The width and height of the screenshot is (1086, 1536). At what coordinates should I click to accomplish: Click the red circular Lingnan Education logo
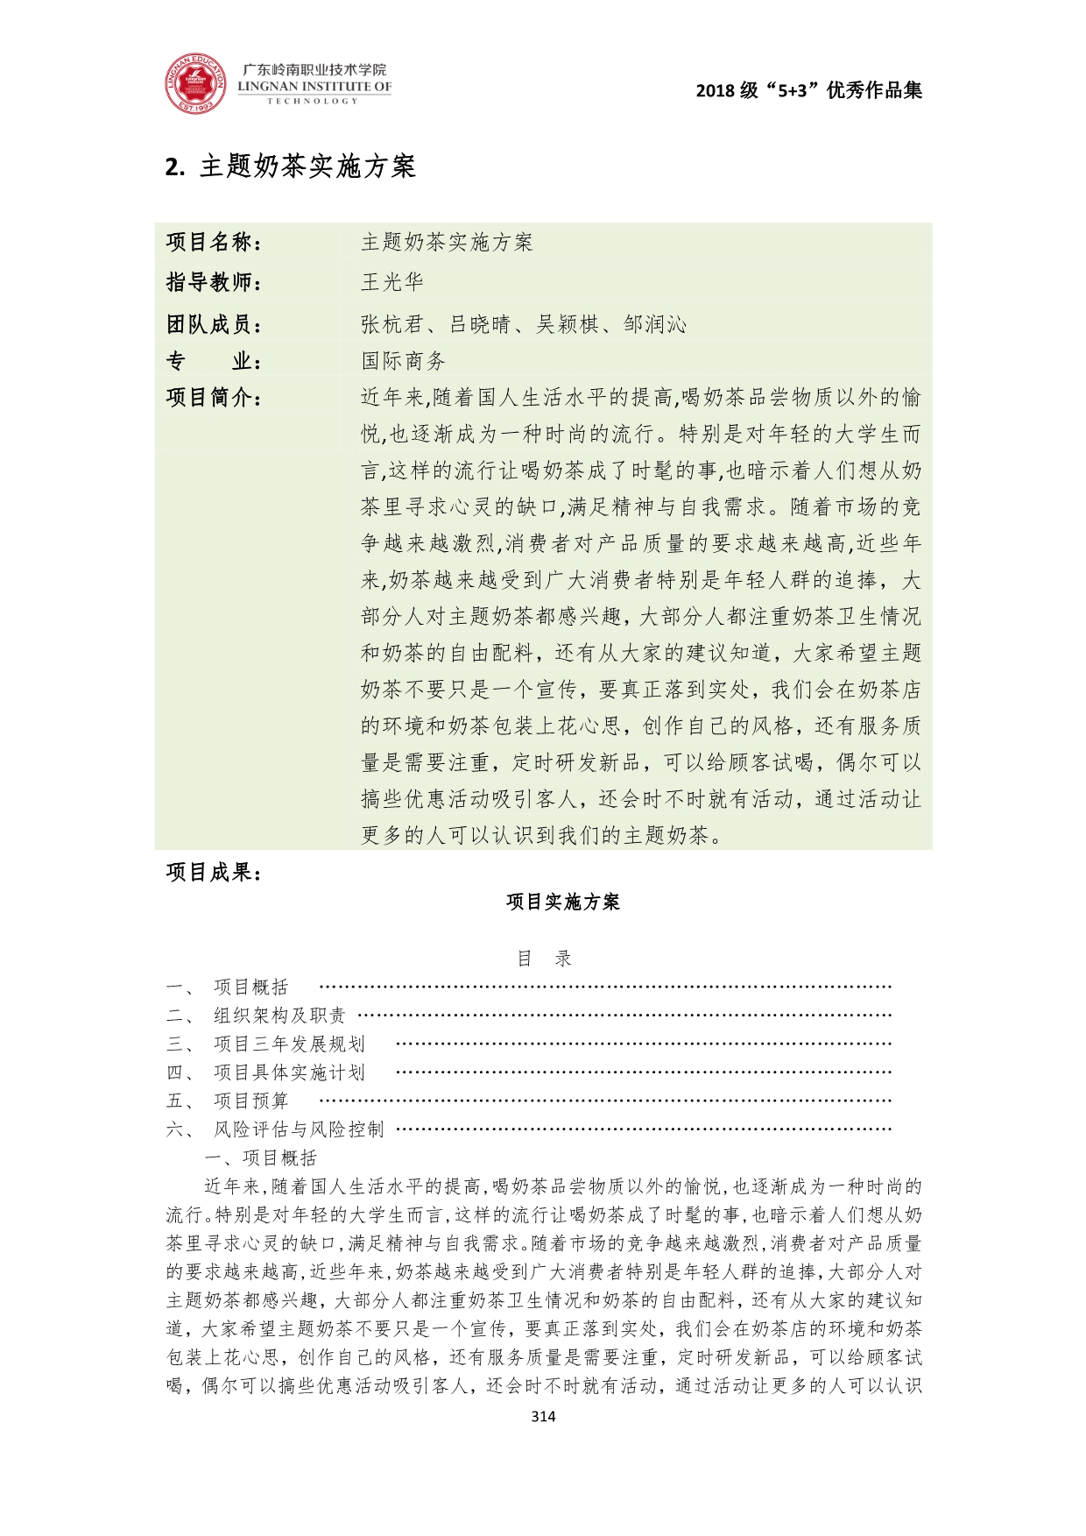[x=195, y=84]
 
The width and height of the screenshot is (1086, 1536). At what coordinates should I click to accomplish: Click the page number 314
[x=543, y=1416]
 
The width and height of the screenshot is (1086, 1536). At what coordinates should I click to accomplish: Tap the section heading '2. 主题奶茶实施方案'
[x=290, y=166]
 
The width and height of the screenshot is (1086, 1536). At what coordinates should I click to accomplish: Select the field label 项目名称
[x=214, y=243]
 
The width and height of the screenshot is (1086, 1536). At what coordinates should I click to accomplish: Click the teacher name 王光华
[x=392, y=282]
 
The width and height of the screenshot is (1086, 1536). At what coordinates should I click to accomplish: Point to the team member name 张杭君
[x=392, y=325]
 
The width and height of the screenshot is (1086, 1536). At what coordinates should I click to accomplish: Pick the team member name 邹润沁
[x=655, y=325]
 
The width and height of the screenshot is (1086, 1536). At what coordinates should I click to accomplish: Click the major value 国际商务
[x=404, y=361]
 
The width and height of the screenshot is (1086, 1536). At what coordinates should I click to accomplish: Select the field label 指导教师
[x=214, y=282]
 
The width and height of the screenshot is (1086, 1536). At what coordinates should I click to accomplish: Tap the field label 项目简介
[x=214, y=398]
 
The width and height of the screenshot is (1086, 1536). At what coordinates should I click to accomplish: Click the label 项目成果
[x=214, y=872]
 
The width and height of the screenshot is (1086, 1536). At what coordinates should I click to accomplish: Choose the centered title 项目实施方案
[x=562, y=902]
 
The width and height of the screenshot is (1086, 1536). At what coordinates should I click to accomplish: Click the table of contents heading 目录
[x=544, y=959]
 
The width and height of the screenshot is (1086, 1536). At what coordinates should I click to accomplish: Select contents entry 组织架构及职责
[x=280, y=1016]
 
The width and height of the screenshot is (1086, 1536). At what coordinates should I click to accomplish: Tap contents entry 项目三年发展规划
[x=289, y=1044]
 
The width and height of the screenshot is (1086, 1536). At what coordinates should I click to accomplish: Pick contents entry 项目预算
[x=251, y=1101]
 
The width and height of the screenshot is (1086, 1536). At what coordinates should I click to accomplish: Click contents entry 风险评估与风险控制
[x=299, y=1129]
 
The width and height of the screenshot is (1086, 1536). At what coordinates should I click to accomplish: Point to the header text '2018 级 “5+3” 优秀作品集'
[x=808, y=90]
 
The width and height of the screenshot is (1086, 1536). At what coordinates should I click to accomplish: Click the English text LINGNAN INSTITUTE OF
[x=314, y=87]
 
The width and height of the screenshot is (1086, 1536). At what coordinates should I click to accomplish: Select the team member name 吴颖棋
[x=568, y=325]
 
